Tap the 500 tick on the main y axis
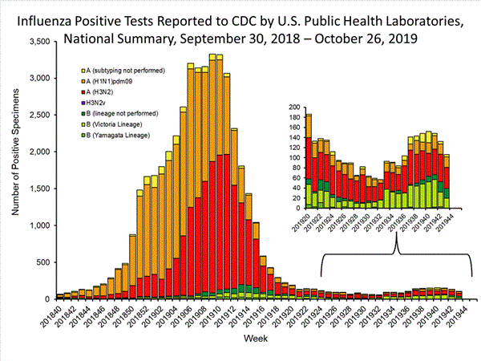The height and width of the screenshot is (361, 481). click(x=43, y=263)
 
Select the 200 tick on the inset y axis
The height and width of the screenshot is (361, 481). click(x=294, y=107)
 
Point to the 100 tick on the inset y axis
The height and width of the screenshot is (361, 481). click(x=294, y=157)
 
